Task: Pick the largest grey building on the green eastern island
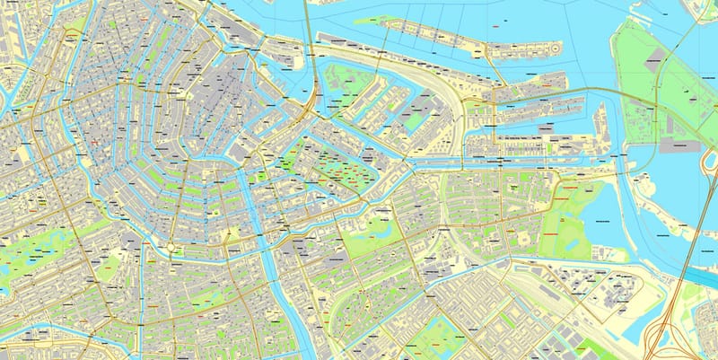pyautogui.click(x=679, y=144)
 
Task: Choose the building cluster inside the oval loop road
pyautogui.click(x=619, y=292)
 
